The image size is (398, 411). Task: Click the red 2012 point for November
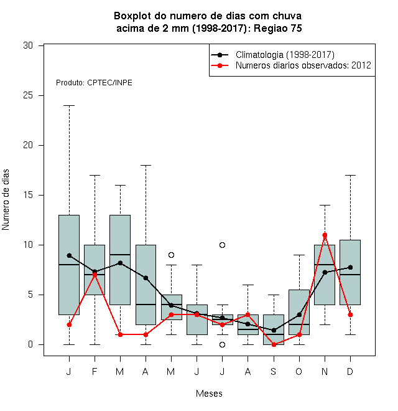coord(325,235)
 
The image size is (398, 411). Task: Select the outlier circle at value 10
coord(222,245)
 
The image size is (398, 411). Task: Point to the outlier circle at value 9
coord(171,255)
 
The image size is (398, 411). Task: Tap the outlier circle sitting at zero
coord(222,345)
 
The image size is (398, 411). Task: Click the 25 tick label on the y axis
coord(28,95)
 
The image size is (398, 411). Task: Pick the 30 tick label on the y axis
coord(28,45)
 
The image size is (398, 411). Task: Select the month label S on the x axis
coord(274,371)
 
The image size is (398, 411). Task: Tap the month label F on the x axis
coord(95,371)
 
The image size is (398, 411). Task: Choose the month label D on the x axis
coord(350,371)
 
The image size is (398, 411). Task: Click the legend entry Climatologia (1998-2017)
coord(285,55)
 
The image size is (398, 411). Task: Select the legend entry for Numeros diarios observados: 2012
coord(303,65)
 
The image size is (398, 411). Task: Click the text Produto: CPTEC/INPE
coord(94,83)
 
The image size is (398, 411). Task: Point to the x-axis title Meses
coord(209,394)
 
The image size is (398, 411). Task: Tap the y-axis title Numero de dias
coord(6,200)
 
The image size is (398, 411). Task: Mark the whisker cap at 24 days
coord(69,106)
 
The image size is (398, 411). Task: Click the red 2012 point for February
coord(95,275)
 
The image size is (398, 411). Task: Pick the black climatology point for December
coord(350,267)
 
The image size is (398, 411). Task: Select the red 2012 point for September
coord(274,345)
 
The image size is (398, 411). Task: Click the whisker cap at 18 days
coord(146,166)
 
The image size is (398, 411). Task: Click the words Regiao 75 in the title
coord(278,28)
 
